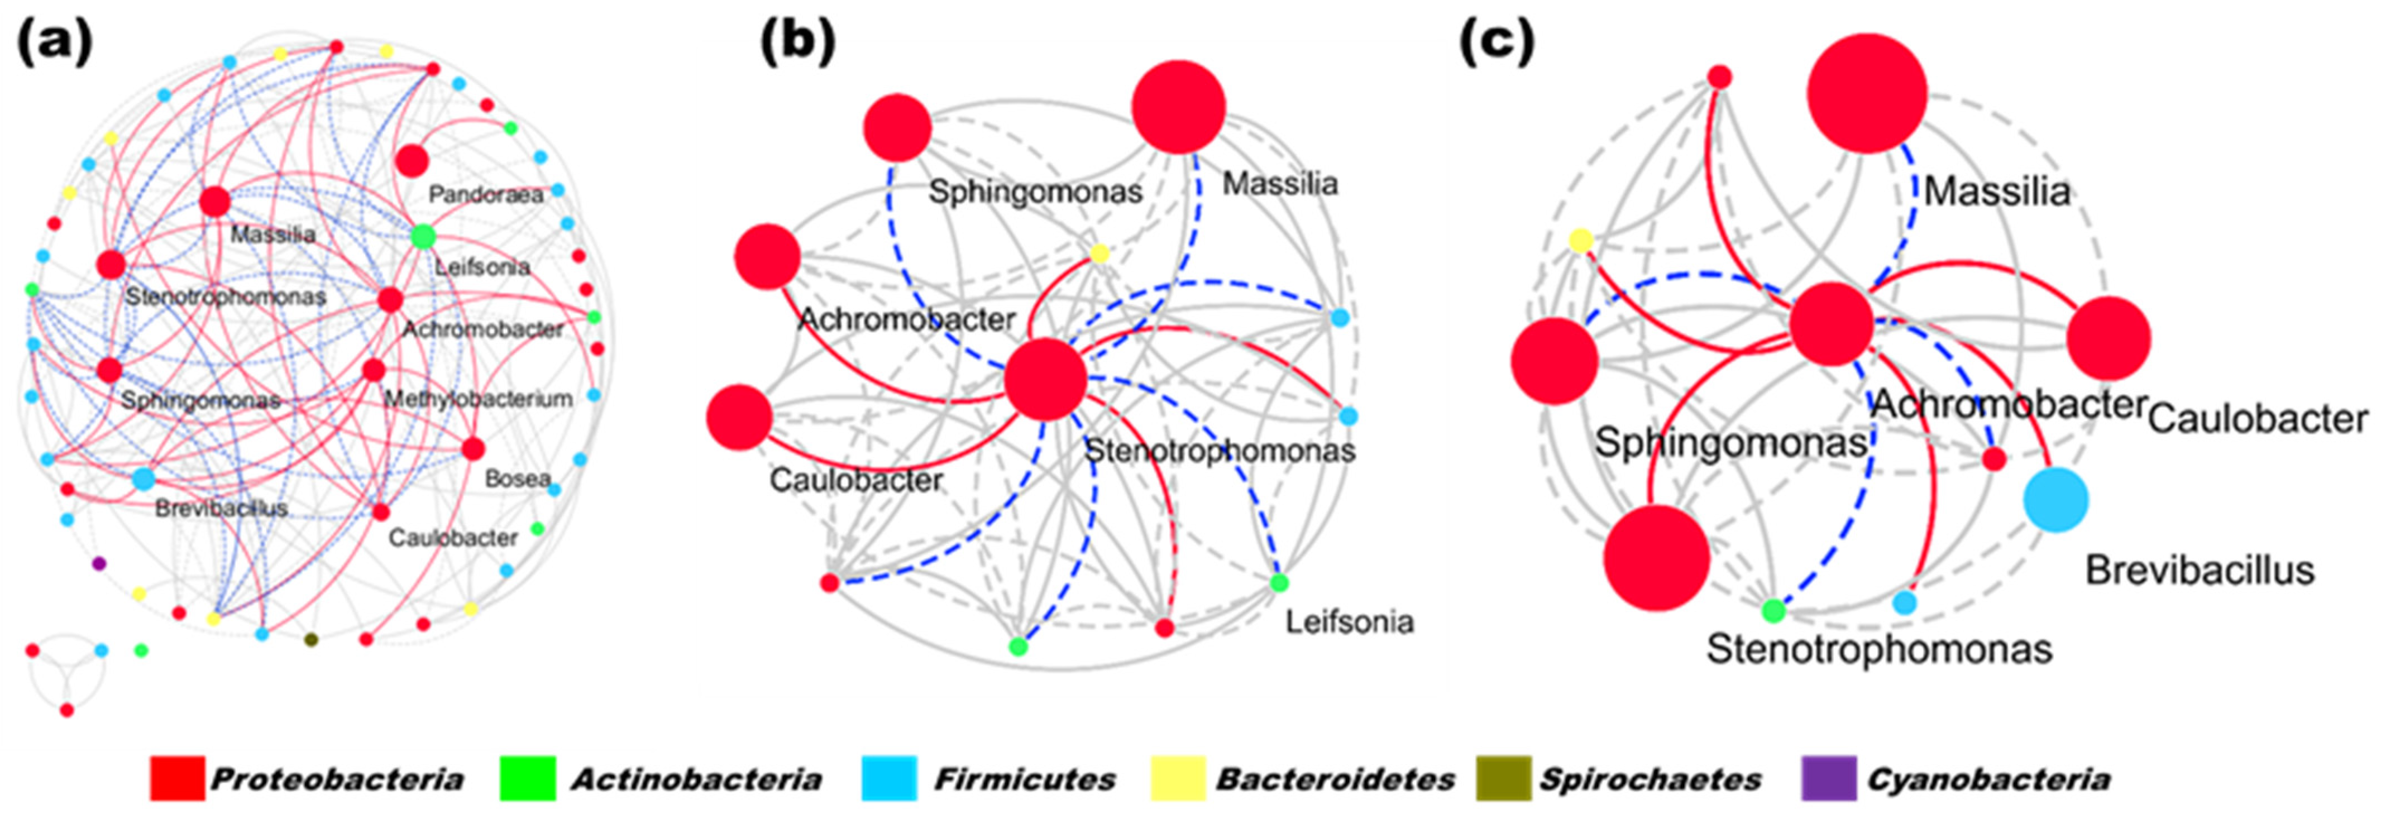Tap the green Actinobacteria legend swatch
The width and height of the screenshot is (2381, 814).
[527, 778]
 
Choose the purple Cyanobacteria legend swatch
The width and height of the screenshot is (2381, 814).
[1828, 778]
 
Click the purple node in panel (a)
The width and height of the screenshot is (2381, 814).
[99, 563]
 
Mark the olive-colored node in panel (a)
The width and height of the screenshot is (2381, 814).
[312, 639]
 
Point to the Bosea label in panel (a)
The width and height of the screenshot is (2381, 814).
[518, 478]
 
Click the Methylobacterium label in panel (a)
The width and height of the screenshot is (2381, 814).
[478, 399]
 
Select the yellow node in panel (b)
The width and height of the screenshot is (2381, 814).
[1099, 253]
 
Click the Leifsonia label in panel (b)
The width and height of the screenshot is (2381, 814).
[1350, 622]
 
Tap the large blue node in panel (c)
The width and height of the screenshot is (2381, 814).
[2055, 500]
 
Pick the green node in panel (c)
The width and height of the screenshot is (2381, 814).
[1773, 611]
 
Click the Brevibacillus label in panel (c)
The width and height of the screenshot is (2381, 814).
[2200, 570]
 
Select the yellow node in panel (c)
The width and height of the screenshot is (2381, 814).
[1581, 241]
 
